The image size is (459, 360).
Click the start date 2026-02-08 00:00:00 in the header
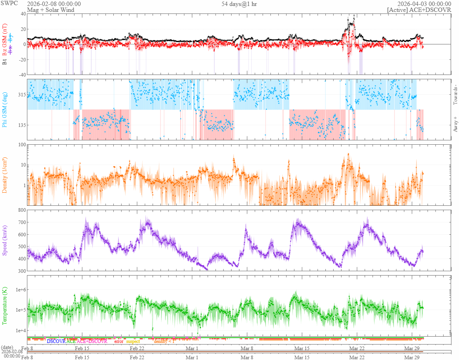point(54,4)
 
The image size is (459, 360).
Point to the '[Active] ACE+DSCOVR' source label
point(419,10)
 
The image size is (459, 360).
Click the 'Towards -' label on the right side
point(455,95)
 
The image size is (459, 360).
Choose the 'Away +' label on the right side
point(455,124)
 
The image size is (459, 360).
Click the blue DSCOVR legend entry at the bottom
point(56,341)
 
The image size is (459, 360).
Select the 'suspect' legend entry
point(133,341)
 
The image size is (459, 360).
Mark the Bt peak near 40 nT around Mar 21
point(354,16)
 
